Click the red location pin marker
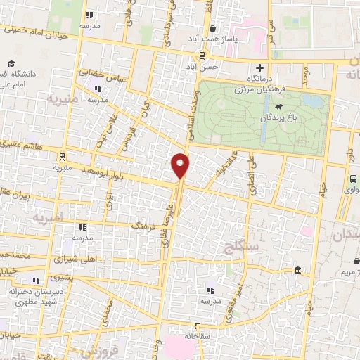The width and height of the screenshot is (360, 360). [180, 165]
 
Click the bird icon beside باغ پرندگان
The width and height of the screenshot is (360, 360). [279, 107]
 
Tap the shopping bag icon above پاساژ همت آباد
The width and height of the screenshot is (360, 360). [212, 29]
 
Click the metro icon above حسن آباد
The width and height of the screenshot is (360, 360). [202, 55]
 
